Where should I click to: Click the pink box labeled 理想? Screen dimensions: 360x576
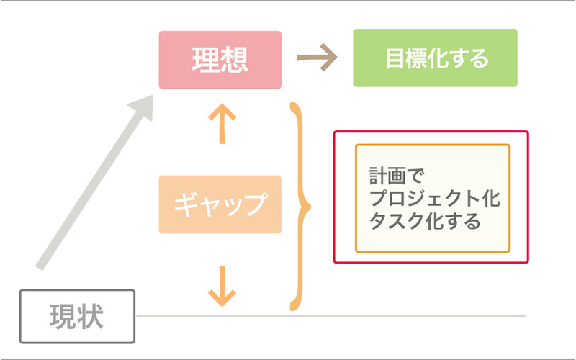(x=220, y=60)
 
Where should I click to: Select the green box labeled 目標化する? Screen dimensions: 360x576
(x=435, y=58)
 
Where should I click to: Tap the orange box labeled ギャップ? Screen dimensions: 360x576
(x=220, y=204)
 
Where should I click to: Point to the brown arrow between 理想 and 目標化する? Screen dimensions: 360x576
(x=318, y=59)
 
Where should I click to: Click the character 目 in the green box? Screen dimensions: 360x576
(x=395, y=58)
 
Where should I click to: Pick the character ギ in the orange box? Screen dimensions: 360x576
(x=185, y=204)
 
